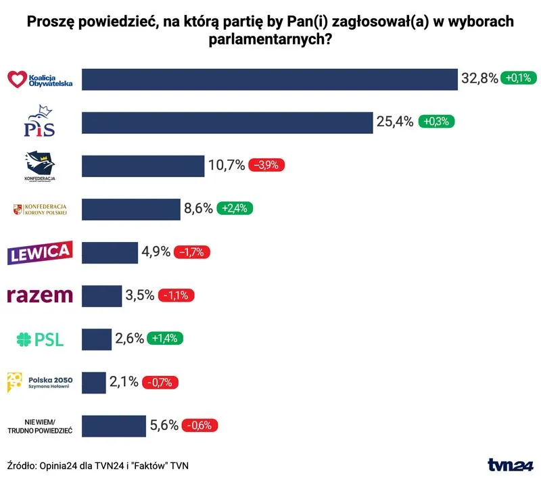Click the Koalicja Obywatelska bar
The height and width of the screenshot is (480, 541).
click(269, 79)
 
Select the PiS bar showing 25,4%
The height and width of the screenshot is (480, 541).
click(227, 122)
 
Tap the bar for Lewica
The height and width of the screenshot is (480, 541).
click(110, 253)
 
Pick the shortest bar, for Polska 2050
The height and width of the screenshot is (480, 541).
click(94, 382)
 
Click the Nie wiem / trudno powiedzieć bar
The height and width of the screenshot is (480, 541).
click(114, 426)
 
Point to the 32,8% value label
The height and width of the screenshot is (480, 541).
click(479, 78)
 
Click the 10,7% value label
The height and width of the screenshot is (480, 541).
click(227, 165)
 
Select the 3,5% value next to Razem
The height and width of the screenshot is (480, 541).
click(140, 295)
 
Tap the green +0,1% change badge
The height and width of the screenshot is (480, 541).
click(518, 78)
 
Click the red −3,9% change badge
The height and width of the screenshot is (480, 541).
click(267, 165)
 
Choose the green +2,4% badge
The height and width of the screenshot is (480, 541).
click(235, 209)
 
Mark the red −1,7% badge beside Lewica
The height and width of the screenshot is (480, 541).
click(193, 252)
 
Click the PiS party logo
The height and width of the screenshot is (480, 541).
click(39, 122)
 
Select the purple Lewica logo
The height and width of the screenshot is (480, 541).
click(39, 253)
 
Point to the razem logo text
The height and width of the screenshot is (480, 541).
click(39, 295)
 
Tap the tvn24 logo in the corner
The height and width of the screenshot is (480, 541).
click(511, 465)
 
